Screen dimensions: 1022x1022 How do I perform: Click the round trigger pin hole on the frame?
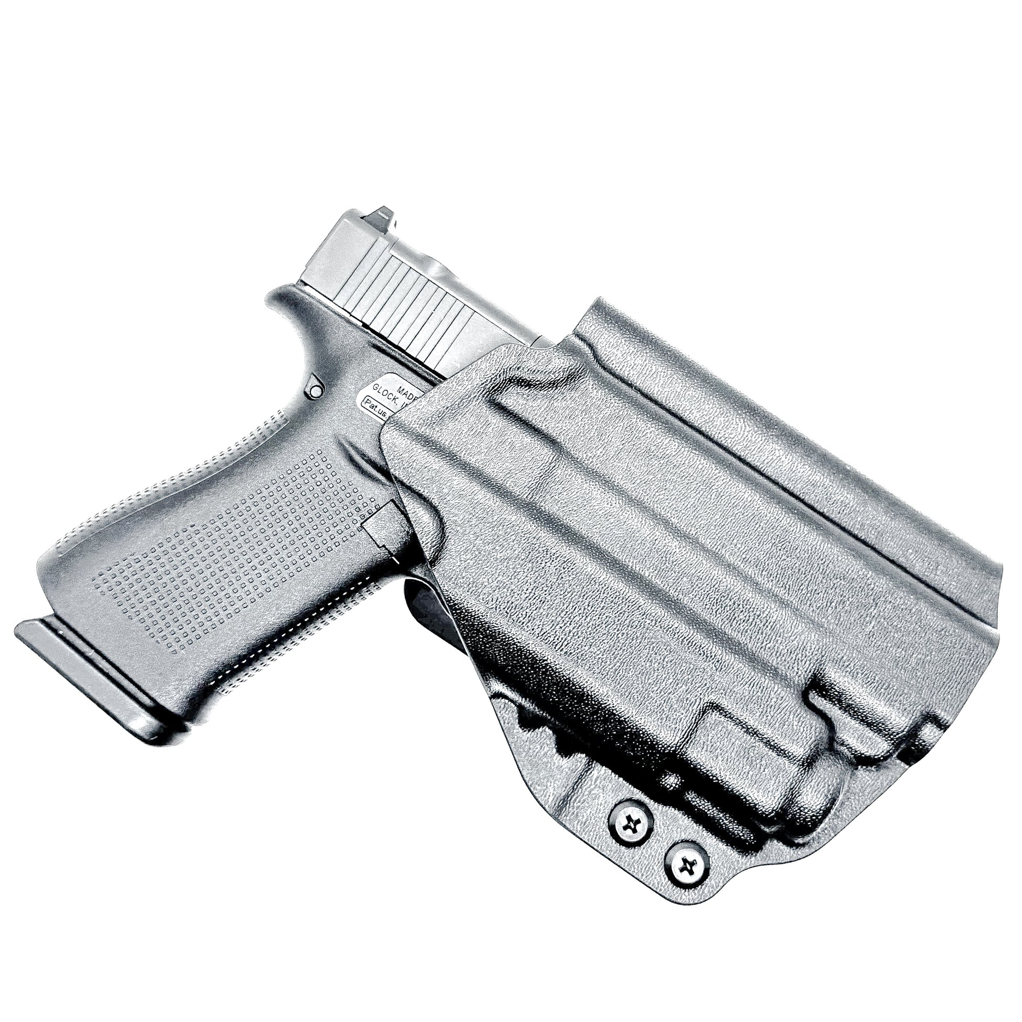(315, 391)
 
